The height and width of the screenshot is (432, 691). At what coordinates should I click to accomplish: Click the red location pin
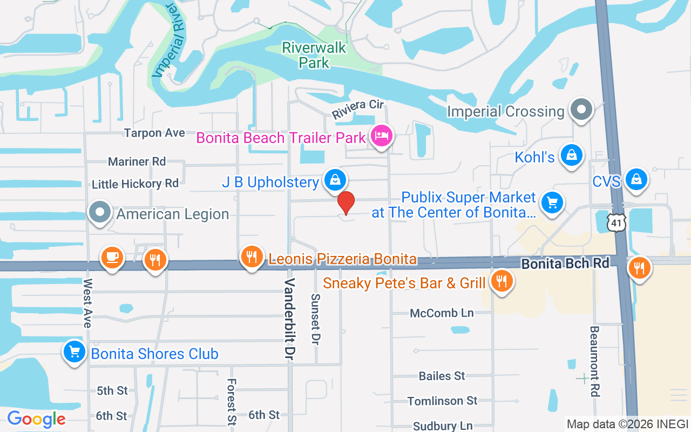pos(346,203)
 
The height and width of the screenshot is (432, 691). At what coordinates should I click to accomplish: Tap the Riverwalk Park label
pos(314,55)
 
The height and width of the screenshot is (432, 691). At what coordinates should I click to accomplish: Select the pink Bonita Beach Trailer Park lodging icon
pos(382,135)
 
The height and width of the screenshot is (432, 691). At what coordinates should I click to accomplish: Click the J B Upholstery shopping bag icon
pos(335,180)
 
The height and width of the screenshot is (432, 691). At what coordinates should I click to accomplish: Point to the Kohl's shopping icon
pos(571,155)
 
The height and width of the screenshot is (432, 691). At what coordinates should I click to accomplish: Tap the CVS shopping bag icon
pos(636,179)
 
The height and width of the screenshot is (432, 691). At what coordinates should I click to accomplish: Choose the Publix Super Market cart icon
pos(552,203)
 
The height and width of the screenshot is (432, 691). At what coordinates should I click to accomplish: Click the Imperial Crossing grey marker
pos(581,109)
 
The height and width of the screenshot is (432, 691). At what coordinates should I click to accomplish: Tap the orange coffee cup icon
pos(112,258)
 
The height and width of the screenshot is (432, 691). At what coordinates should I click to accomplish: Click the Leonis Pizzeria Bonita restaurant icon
pos(252,256)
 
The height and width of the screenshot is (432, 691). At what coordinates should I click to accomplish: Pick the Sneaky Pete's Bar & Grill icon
pos(502,280)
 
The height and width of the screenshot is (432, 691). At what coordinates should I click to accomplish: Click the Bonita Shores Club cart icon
pos(74,352)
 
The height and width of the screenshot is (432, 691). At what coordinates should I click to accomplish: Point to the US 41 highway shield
pos(615,222)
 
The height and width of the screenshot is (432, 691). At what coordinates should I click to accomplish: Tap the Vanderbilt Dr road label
pos(290,319)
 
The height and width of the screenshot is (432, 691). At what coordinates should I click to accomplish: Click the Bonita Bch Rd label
pos(565,264)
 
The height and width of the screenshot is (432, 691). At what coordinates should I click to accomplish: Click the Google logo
pos(36,418)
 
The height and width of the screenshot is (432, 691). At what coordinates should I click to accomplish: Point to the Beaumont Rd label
pos(594,361)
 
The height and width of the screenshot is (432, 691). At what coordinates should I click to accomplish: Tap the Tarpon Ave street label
pos(154,133)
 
